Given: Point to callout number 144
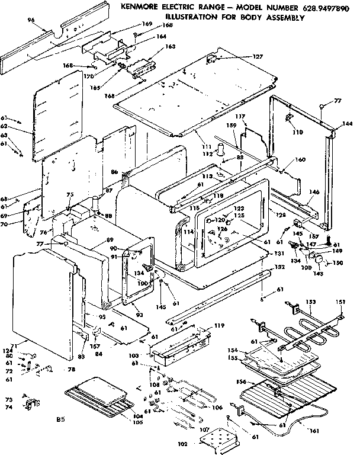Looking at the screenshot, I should [348, 124].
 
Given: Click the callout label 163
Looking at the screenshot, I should [170, 46].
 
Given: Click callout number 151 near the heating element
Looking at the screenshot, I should [340, 302].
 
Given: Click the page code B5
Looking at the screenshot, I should [60, 420].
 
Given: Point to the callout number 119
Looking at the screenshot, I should [220, 325].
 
